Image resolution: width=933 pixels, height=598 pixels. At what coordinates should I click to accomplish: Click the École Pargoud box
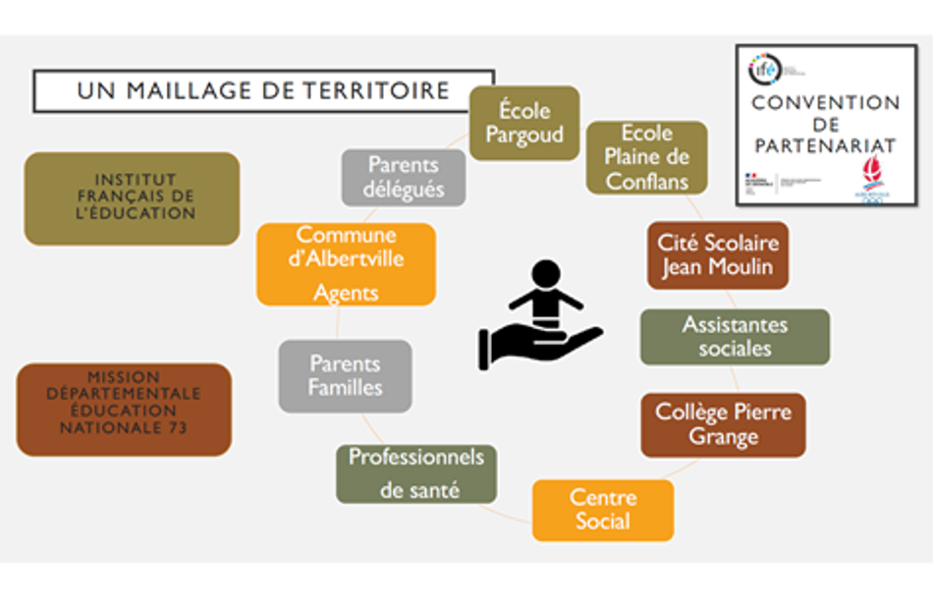click(x=523, y=124)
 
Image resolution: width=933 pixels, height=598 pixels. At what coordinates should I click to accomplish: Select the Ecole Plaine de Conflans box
click(x=646, y=157)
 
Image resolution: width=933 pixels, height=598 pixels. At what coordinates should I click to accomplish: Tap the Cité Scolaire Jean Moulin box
click(x=717, y=254)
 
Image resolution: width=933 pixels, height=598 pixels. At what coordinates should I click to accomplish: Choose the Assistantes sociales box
click(x=735, y=337)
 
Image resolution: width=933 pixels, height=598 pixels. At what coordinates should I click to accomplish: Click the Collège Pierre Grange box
click(x=723, y=424)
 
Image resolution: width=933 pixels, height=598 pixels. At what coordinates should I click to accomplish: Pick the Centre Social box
click(x=603, y=510)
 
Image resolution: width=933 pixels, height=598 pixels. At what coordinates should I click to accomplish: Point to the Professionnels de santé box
click(x=416, y=473)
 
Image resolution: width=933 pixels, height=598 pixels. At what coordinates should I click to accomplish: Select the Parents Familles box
click(x=345, y=375)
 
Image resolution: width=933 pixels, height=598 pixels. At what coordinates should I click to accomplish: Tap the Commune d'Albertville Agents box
click(x=346, y=263)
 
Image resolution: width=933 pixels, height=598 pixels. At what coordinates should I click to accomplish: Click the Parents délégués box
click(x=404, y=177)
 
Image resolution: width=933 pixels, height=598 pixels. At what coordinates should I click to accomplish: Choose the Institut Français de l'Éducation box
click(x=132, y=197)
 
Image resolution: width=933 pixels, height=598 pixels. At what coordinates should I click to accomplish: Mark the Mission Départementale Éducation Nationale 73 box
click(x=124, y=409)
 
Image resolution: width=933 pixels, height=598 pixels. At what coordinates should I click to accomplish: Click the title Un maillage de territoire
click(x=263, y=90)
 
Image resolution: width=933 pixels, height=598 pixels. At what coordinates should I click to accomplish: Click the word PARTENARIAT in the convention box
click(x=826, y=145)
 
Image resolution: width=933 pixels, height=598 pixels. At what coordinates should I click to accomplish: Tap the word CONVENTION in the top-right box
click(x=826, y=103)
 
